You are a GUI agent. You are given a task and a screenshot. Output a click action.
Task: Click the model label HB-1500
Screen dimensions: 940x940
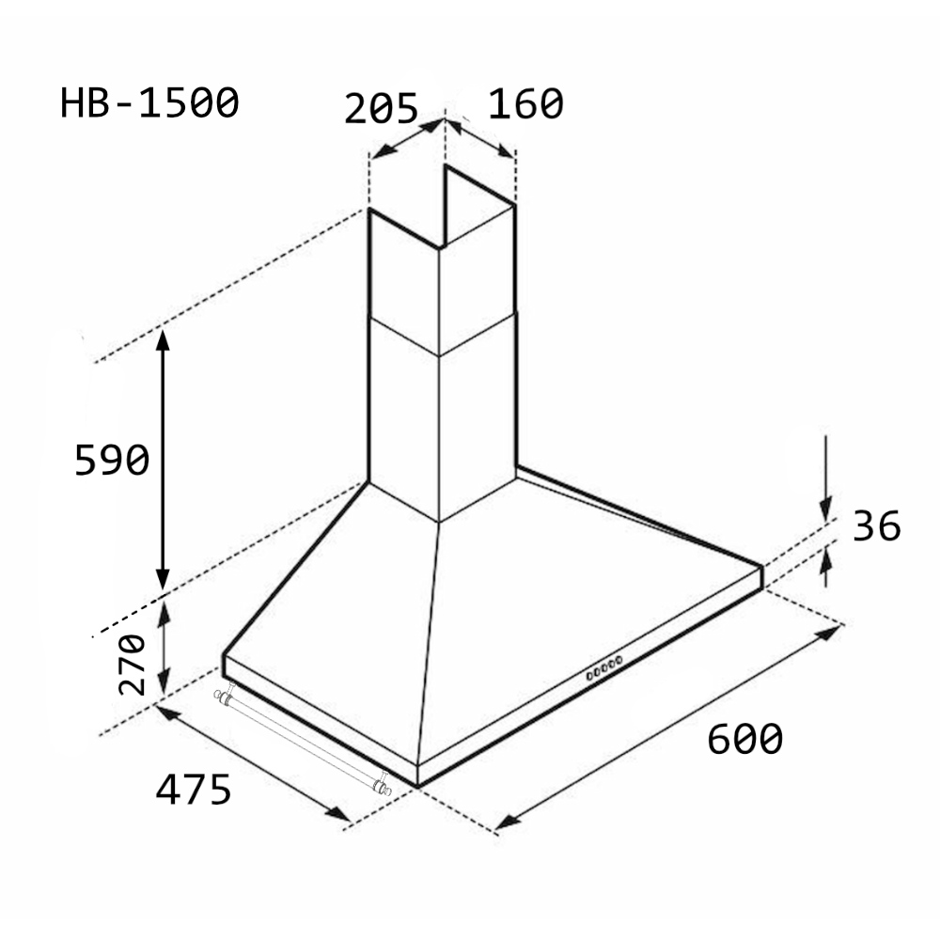pyautogui.click(x=149, y=103)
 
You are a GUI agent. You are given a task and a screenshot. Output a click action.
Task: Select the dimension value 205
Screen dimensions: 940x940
pyautogui.click(x=382, y=108)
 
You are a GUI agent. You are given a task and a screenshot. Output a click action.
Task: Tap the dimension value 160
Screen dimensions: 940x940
pyautogui.click(x=525, y=104)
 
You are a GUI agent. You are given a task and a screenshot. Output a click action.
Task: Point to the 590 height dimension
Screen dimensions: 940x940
pyautogui.click(x=112, y=460)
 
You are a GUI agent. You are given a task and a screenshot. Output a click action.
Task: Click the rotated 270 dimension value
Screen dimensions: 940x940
pyautogui.click(x=132, y=665)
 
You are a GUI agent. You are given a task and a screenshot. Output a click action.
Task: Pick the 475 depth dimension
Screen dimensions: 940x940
pyautogui.click(x=193, y=789)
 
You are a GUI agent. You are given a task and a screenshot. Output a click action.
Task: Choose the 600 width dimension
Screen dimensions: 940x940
pyautogui.click(x=745, y=739)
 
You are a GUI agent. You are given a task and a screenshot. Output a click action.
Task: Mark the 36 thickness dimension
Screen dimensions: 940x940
pyautogui.click(x=876, y=526)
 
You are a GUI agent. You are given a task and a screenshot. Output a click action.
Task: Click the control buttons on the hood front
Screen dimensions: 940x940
pyautogui.click(x=604, y=667)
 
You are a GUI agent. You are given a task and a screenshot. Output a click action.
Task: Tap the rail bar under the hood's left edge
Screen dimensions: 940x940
pyautogui.click(x=303, y=742)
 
